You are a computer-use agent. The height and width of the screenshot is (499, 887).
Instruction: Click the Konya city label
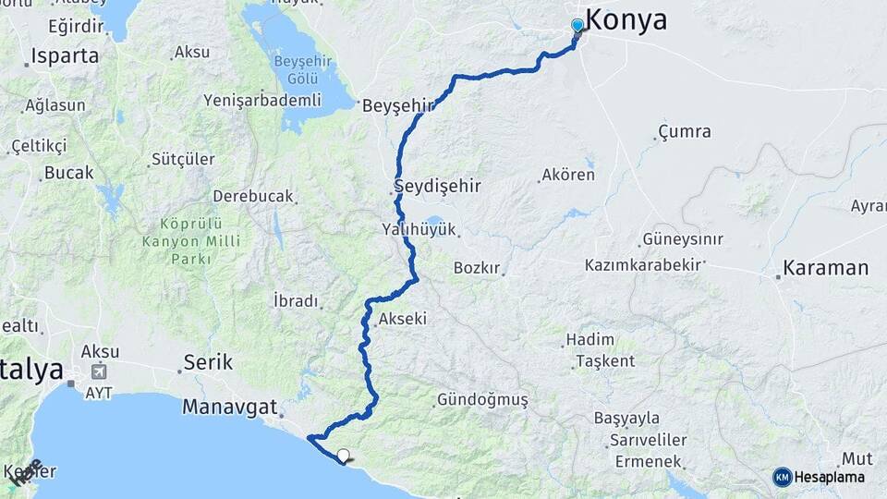point(626,19)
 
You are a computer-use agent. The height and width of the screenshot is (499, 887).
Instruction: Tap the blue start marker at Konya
point(577,25)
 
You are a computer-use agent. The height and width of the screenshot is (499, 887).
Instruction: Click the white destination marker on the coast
point(344,455)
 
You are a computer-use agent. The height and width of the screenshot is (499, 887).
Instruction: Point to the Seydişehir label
point(438,186)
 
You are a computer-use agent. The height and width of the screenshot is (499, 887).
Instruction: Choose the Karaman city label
point(825,269)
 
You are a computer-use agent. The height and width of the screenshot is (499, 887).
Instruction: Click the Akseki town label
point(402,320)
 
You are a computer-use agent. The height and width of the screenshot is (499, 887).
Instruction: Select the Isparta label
point(64,55)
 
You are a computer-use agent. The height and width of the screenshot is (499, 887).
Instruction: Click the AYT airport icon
point(97,371)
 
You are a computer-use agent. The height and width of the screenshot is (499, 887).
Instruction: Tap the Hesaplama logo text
point(829,477)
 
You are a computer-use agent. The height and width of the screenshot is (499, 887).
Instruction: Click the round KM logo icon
point(782,477)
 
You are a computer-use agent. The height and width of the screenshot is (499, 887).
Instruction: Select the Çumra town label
point(685,131)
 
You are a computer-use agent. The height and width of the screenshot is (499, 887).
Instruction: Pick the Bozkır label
point(478,268)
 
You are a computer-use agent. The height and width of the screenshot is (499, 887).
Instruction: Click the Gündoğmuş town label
point(481,400)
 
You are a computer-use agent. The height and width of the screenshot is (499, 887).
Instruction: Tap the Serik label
point(208,361)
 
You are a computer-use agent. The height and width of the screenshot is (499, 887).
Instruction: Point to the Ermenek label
point(650,460)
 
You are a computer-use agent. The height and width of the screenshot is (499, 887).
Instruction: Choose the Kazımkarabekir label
point(649,265)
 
